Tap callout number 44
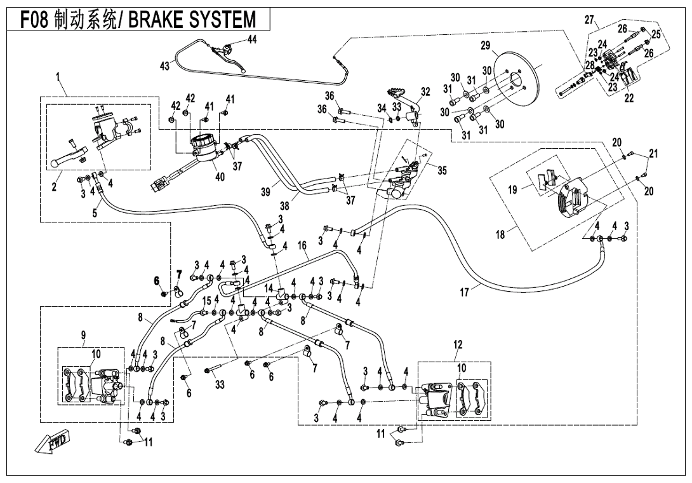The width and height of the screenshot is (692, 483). point(252,39)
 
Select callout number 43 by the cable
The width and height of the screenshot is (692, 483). point(165,66)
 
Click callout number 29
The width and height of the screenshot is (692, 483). point(486,46)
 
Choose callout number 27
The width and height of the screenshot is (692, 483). point(589,19)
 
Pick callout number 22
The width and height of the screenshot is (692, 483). point(629,99)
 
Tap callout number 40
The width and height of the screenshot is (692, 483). point(220,177)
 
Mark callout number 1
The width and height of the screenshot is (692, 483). point(58,77)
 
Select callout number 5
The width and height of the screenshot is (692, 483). point(95,213)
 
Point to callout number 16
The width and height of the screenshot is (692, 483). point(302,245)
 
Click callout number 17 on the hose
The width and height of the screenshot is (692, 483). point(465,293)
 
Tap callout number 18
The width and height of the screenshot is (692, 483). point(500,235)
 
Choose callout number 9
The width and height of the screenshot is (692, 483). point(83,335)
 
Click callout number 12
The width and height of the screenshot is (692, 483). point(458,344)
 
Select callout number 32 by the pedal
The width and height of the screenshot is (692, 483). point(425,92)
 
